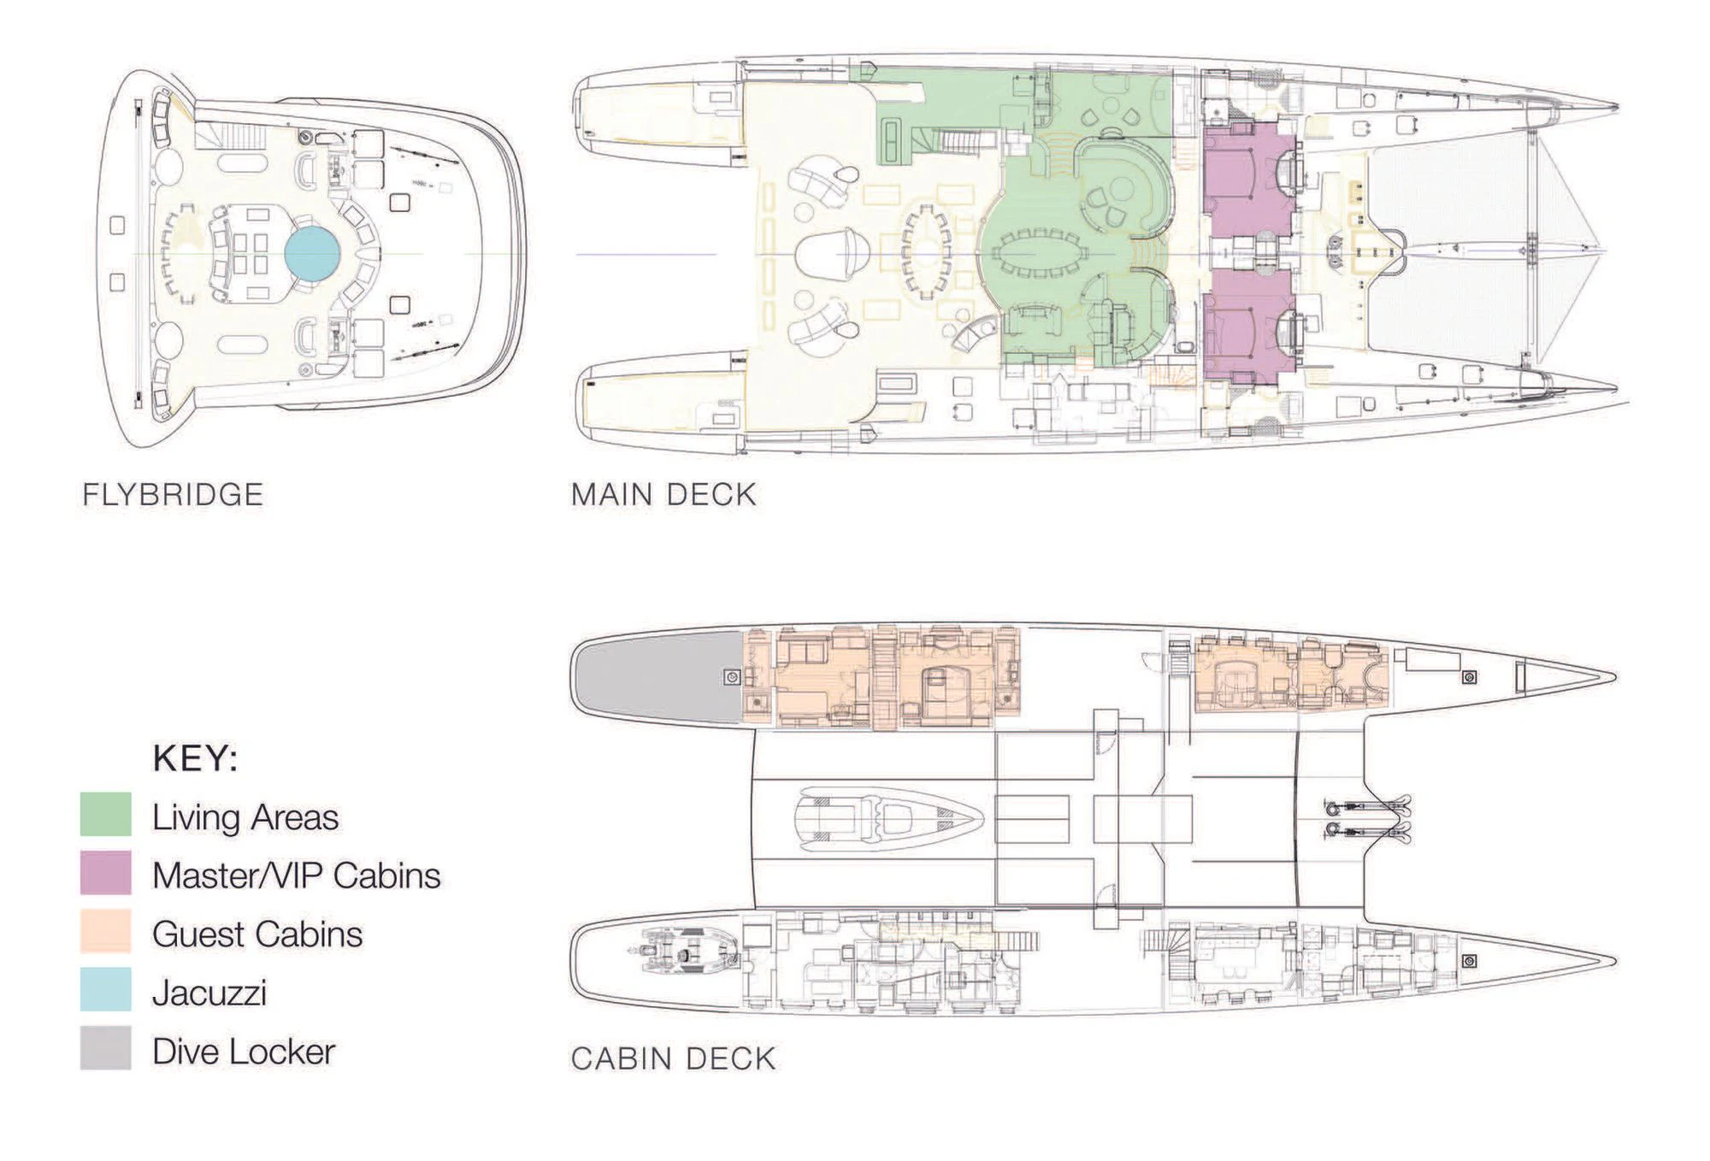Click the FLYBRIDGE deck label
coord(173,495)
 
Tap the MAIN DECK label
coord(663,495)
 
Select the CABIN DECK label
coord(673,1058)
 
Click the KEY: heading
coord(195,758)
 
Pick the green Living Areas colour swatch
coord(106,814)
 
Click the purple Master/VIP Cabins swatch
coord(106,873)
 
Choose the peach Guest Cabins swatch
coord(106,931)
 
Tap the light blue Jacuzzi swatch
coord(106,989)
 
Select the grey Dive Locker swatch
coord(106,1048)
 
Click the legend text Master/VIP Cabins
coord(296,875)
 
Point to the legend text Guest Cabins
coord(256,934)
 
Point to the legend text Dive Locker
coord(243,1052)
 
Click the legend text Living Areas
coord(245,817)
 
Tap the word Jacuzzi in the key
coord(209,993)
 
